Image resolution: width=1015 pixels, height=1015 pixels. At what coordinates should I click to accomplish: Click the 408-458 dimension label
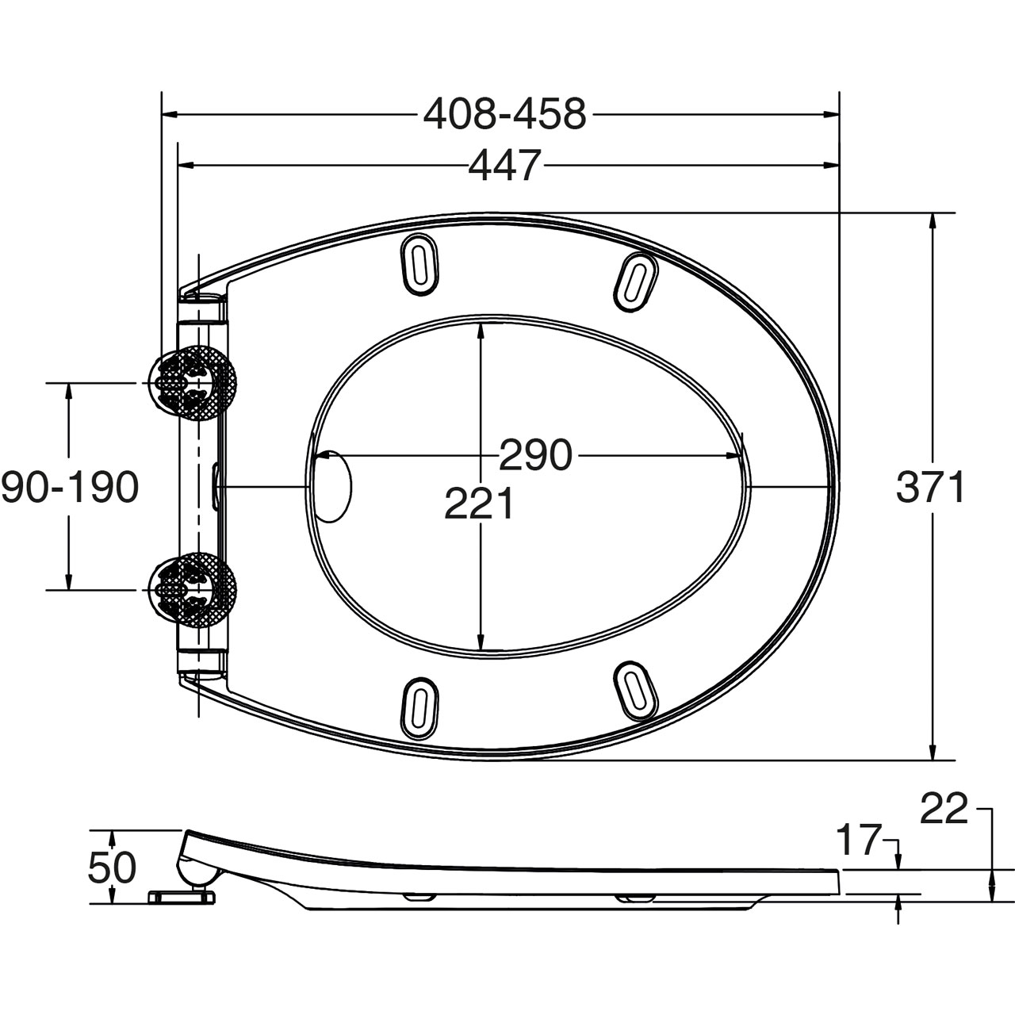(504, 114)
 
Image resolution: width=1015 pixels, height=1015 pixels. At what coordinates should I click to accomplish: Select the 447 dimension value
(504, 166)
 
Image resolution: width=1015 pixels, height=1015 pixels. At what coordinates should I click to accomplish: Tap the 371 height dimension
(930, 487)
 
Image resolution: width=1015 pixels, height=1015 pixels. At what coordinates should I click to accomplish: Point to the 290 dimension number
(535, 454)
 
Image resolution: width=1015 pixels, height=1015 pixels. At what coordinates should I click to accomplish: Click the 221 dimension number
(478, 504)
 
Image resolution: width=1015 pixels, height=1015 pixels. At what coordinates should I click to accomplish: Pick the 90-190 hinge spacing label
(70, 487)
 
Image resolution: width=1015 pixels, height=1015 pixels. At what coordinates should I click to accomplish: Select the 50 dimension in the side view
(112, 868)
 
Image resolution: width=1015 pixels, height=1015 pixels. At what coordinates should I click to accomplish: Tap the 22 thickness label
(944, 808)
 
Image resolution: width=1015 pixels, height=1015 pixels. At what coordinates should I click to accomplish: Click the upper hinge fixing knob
(193, 383)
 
